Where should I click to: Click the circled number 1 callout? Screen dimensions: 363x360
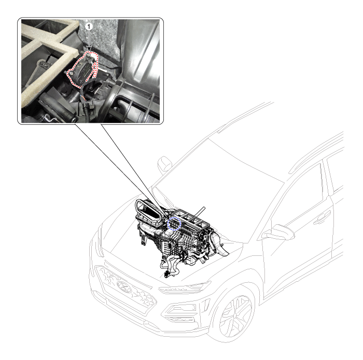[x=89, y=26]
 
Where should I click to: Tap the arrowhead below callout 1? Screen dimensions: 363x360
[x=89, y=48]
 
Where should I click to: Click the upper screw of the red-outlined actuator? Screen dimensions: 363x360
[x=89, y=55]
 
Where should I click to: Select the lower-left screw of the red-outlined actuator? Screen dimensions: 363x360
[x=72, y=73]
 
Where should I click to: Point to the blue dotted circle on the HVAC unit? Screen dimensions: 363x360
[x=174, y=224]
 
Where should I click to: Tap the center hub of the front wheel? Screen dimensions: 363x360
[x=235, y=316]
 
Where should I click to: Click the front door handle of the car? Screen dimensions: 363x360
[x=322, y=219]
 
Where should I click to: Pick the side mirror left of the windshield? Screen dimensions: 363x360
[x=164, y=164]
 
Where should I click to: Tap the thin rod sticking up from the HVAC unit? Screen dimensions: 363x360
[x=199, y=213]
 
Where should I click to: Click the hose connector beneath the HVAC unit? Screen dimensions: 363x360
[x=166, y=275]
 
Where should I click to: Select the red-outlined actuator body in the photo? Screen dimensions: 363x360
[x=83, y=69]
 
